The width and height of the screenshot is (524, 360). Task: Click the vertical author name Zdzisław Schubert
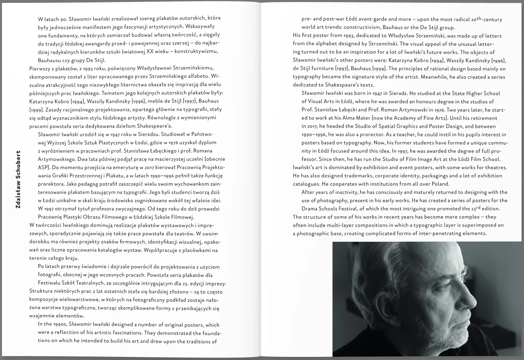point(18,179)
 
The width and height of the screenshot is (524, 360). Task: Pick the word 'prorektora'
point(51,184)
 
